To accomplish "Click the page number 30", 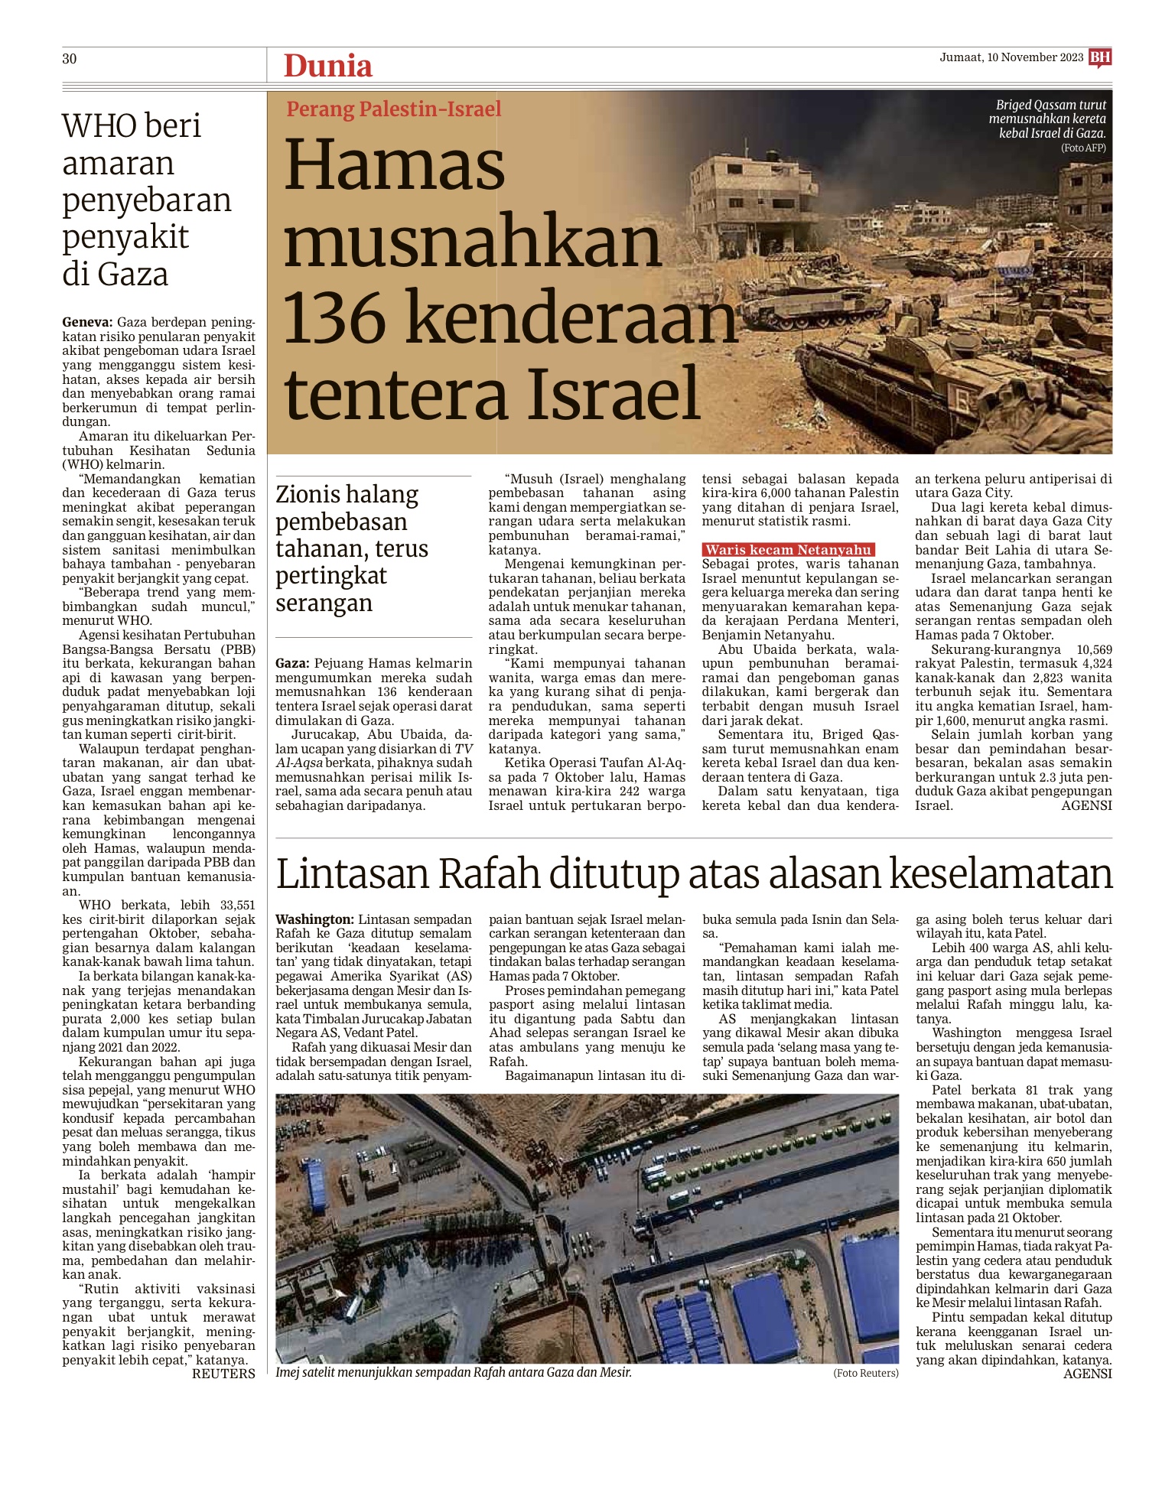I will point(70,59).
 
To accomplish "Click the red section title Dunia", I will point(327,66).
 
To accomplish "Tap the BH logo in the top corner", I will point(1100,57).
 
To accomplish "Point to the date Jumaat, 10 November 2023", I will point(1011,57).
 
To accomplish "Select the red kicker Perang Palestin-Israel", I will point(393,109).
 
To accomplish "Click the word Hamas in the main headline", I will point(395,165).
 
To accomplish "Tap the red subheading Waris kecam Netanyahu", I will point(788,550).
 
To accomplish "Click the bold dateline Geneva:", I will point(87,323).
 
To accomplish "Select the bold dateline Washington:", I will point(314,919).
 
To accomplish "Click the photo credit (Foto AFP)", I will point(1083,148).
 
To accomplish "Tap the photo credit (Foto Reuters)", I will point(865,1373).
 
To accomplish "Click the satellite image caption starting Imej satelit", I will point(454,1372).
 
